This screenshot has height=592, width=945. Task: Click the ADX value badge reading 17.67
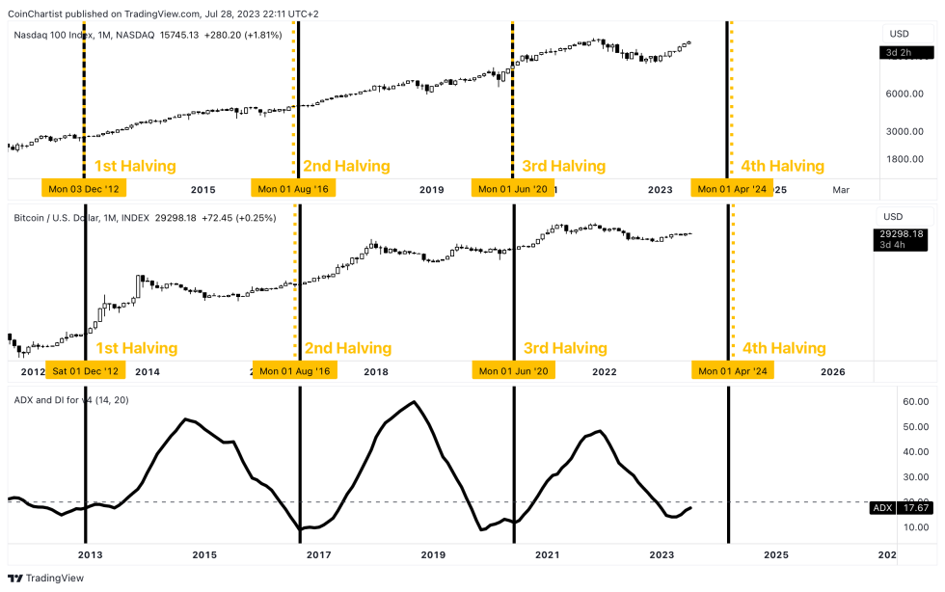coord(904,508)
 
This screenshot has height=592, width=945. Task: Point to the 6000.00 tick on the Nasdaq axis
coord(904,94)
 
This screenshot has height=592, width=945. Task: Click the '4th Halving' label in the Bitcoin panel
coord(783,348)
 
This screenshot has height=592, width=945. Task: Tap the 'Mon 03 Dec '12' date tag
coord(85,189)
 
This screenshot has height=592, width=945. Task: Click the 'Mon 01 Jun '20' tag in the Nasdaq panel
coord(513,189)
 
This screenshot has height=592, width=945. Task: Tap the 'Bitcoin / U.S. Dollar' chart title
coord(67,218)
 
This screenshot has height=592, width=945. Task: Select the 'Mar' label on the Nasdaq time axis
coord(841,189)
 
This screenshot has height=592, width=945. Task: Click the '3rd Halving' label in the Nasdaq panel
coord(563,166)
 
